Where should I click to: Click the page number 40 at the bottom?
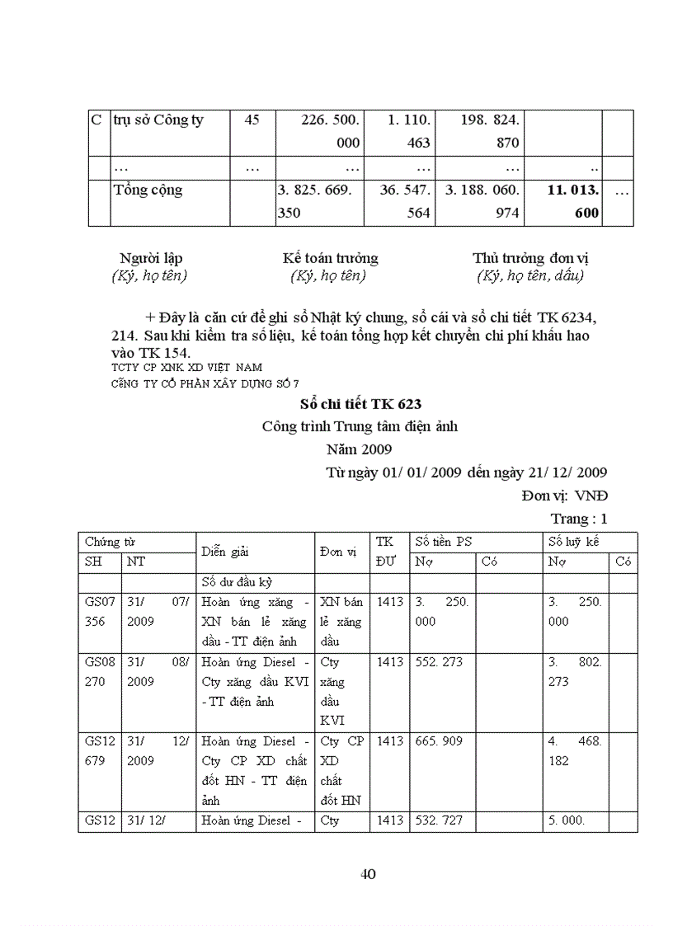[369, 874]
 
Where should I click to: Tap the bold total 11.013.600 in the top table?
[575, 201]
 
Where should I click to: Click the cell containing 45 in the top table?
[252, 120]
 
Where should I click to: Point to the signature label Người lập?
[149, 258]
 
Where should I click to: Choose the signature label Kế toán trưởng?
[330, 258]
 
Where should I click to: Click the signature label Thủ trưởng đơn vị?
[530, 258]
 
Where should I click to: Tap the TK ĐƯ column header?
[384, 552]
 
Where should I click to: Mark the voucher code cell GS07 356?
[95, 612]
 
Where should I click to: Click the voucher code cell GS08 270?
[95, 672]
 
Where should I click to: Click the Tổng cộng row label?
[148, 190]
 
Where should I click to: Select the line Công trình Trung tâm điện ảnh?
[359, 427]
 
